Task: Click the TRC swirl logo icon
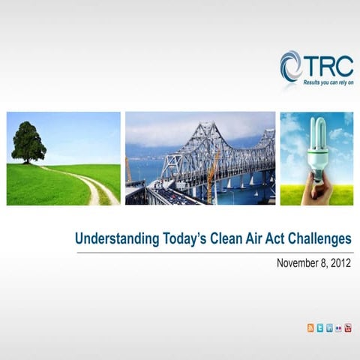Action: point(292,66)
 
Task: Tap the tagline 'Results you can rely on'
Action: point(328,82)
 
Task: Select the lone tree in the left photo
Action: point(28,142)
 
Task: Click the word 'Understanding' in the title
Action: point(116,239)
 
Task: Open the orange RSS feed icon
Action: point(311,328)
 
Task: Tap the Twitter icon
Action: point(320,328)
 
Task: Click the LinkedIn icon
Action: point(329,328)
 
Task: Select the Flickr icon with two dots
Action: point(338,328)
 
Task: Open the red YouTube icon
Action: point(347,328)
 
